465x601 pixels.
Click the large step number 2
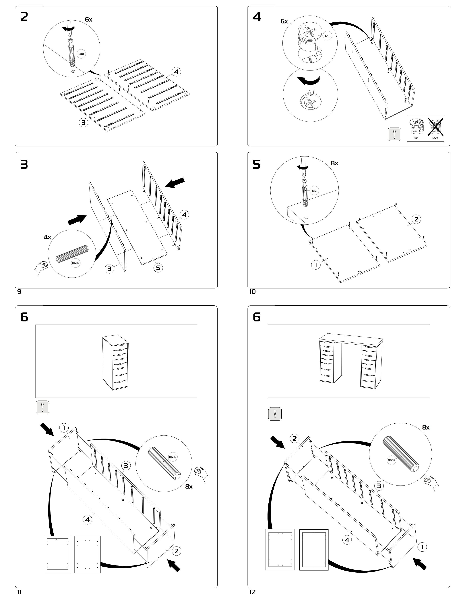tap(24, 17)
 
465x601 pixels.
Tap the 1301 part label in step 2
tap(81, 54)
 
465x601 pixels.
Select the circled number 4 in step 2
tap(176, 72)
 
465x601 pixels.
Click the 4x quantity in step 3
tap(47, 237)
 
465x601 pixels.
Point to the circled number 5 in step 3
tap(158, 268)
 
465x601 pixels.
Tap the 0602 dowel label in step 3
tap(76, 263)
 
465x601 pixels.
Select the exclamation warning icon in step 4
tap(394, 134)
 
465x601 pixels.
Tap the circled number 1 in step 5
tap(316, 265)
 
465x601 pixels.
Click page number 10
tap(253, 292)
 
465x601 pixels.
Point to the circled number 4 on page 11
tap(87, 520)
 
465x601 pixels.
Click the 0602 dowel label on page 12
tap(392, 460)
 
